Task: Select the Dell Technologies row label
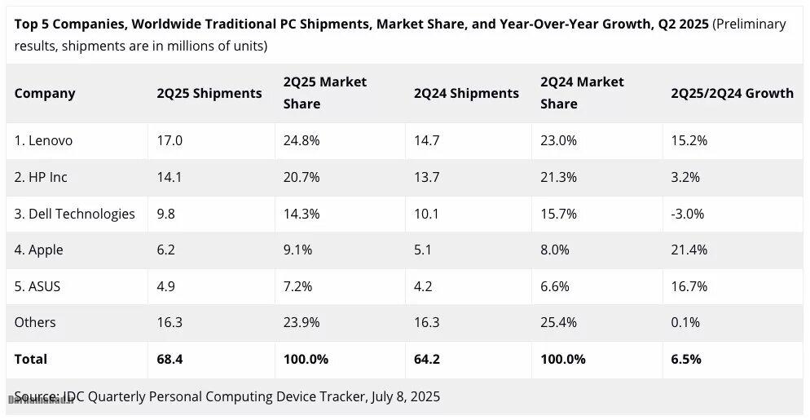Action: tap(74, 214)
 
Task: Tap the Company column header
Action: tap(45, 93)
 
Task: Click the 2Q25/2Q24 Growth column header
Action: tap(732, 93)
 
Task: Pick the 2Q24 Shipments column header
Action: tap(466, 93)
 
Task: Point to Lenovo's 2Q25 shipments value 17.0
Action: tap(169, 140)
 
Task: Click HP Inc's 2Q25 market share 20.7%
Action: tap(302, 177)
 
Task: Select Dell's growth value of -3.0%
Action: tap(687, 214)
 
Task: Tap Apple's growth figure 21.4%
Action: tap(689, 250)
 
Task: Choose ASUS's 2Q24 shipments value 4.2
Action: tap(424, 286)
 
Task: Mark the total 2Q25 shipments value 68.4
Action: tap(170, 359)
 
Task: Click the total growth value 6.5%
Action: tap(685, 359)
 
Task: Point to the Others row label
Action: tap(35, 322)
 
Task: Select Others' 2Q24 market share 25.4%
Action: tap(559, 322)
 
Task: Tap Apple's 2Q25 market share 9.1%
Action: tap(297, 250)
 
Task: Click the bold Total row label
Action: tap(31, 359)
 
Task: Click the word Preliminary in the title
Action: tap(751, 24)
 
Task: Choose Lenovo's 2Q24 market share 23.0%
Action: tap(558, 140)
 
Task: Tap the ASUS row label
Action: tap(37, 286)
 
